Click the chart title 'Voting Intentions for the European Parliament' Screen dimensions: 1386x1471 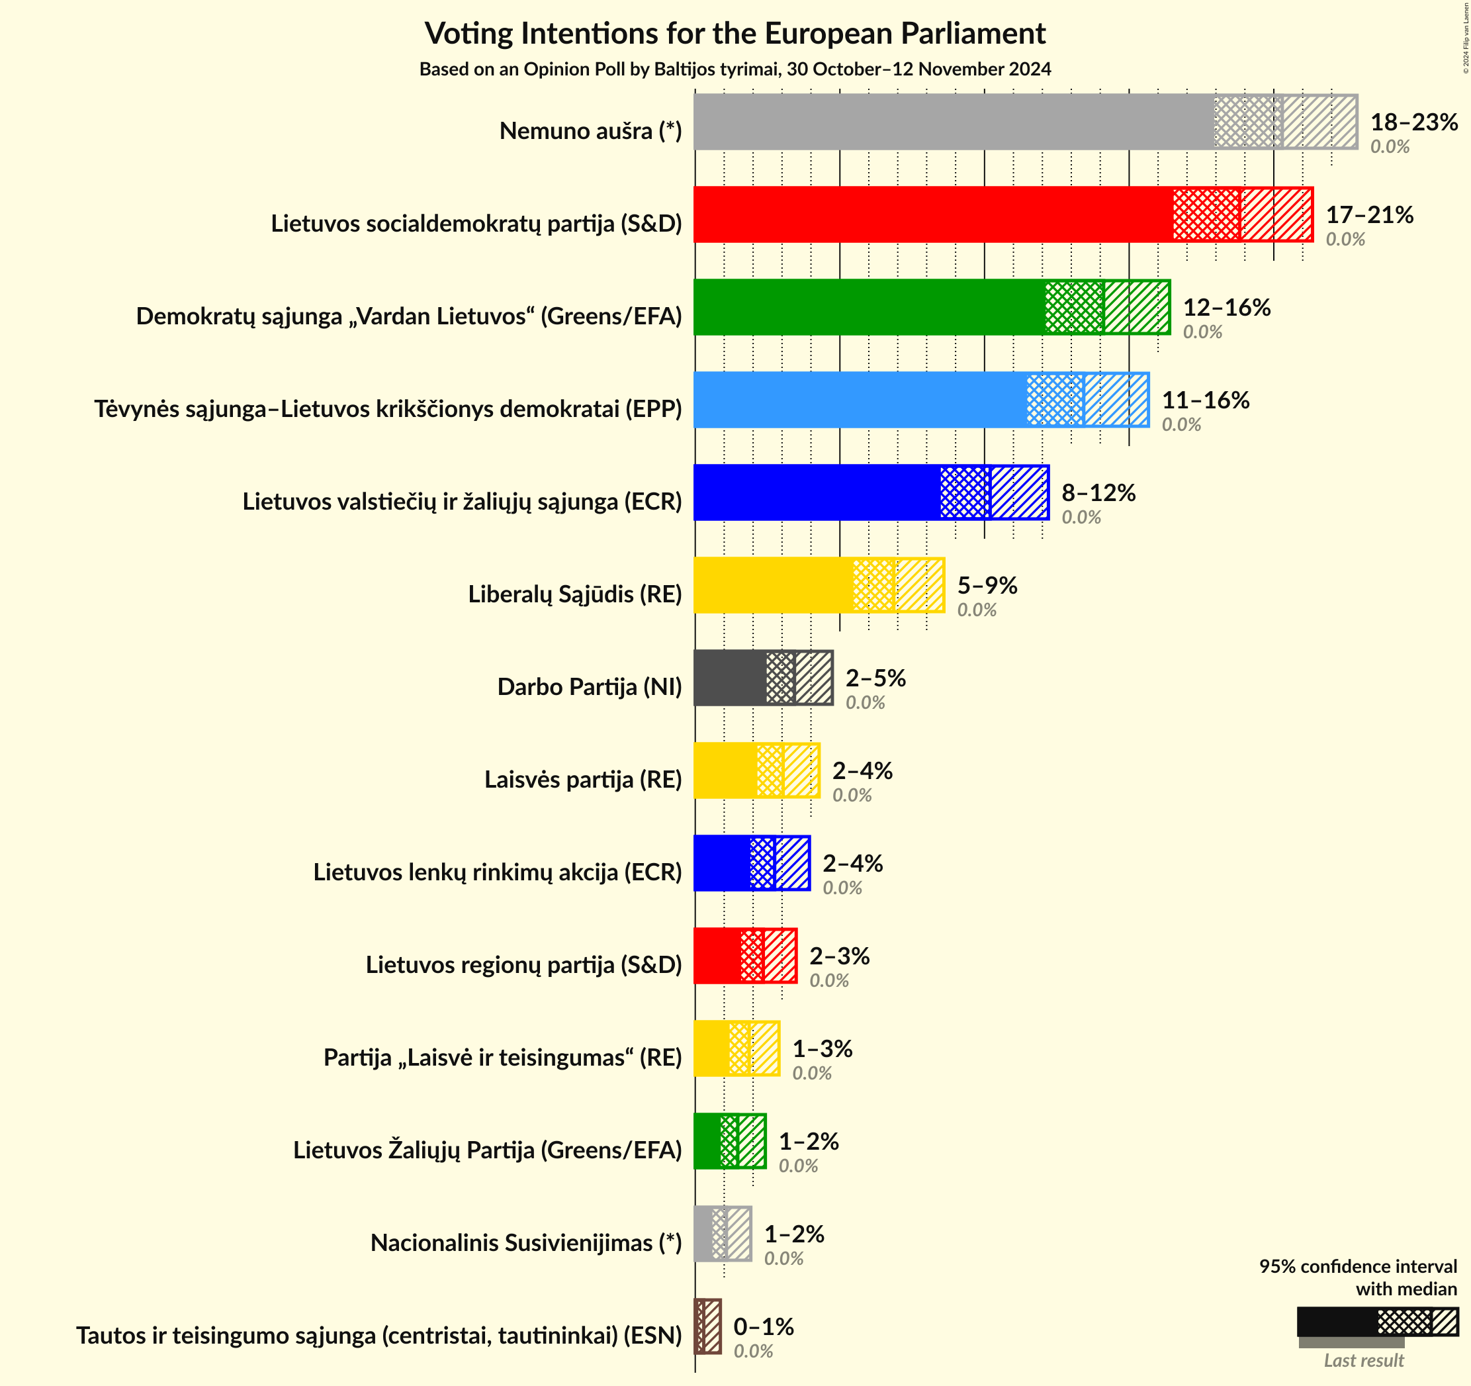point(735,33)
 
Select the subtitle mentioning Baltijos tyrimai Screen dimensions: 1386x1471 point(735,69)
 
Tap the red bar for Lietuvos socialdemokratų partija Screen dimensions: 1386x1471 point(932,214)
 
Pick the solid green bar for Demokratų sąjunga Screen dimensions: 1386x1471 point(869,307)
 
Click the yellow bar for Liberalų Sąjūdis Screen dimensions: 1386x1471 point(774,585)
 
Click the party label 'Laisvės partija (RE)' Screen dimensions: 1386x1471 point(583,779)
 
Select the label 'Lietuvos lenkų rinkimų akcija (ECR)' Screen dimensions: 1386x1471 point(497,872)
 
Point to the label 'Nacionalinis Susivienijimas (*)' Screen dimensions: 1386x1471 point(526,1242)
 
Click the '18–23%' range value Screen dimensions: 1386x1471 point(1414,122)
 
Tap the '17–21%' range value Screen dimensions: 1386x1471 point(1370,214)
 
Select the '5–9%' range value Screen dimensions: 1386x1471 point(987,585)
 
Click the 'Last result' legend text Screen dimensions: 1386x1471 point(1364,1360)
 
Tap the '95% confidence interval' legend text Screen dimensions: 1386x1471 point(1358,1266)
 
